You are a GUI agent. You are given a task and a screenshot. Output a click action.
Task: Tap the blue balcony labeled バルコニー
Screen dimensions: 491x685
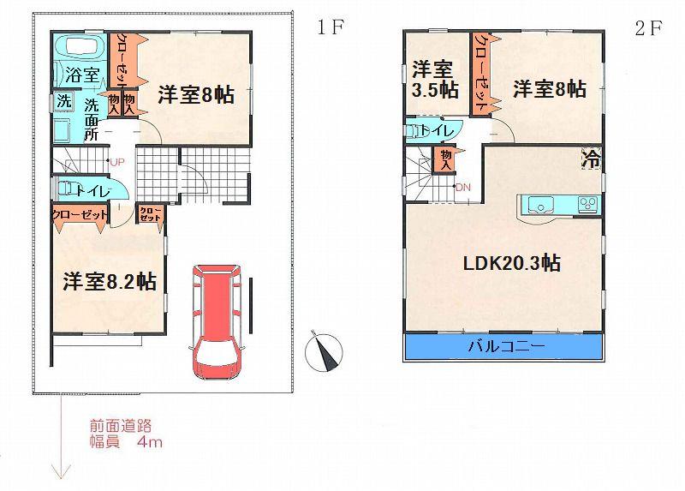502,346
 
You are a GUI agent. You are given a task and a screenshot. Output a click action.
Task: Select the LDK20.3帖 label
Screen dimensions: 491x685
512,263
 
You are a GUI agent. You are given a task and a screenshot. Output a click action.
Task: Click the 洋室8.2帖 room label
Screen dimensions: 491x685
110,281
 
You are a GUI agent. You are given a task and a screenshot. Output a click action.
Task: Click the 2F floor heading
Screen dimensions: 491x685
647,27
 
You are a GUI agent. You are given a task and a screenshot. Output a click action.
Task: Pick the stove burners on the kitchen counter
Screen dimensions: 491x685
587,204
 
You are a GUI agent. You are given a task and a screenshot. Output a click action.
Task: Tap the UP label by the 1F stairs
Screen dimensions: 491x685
116,162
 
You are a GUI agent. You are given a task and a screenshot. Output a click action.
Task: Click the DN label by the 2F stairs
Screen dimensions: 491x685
462,187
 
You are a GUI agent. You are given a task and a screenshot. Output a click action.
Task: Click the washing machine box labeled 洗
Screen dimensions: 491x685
64,100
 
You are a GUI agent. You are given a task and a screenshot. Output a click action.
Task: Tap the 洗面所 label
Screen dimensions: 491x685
92,118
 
